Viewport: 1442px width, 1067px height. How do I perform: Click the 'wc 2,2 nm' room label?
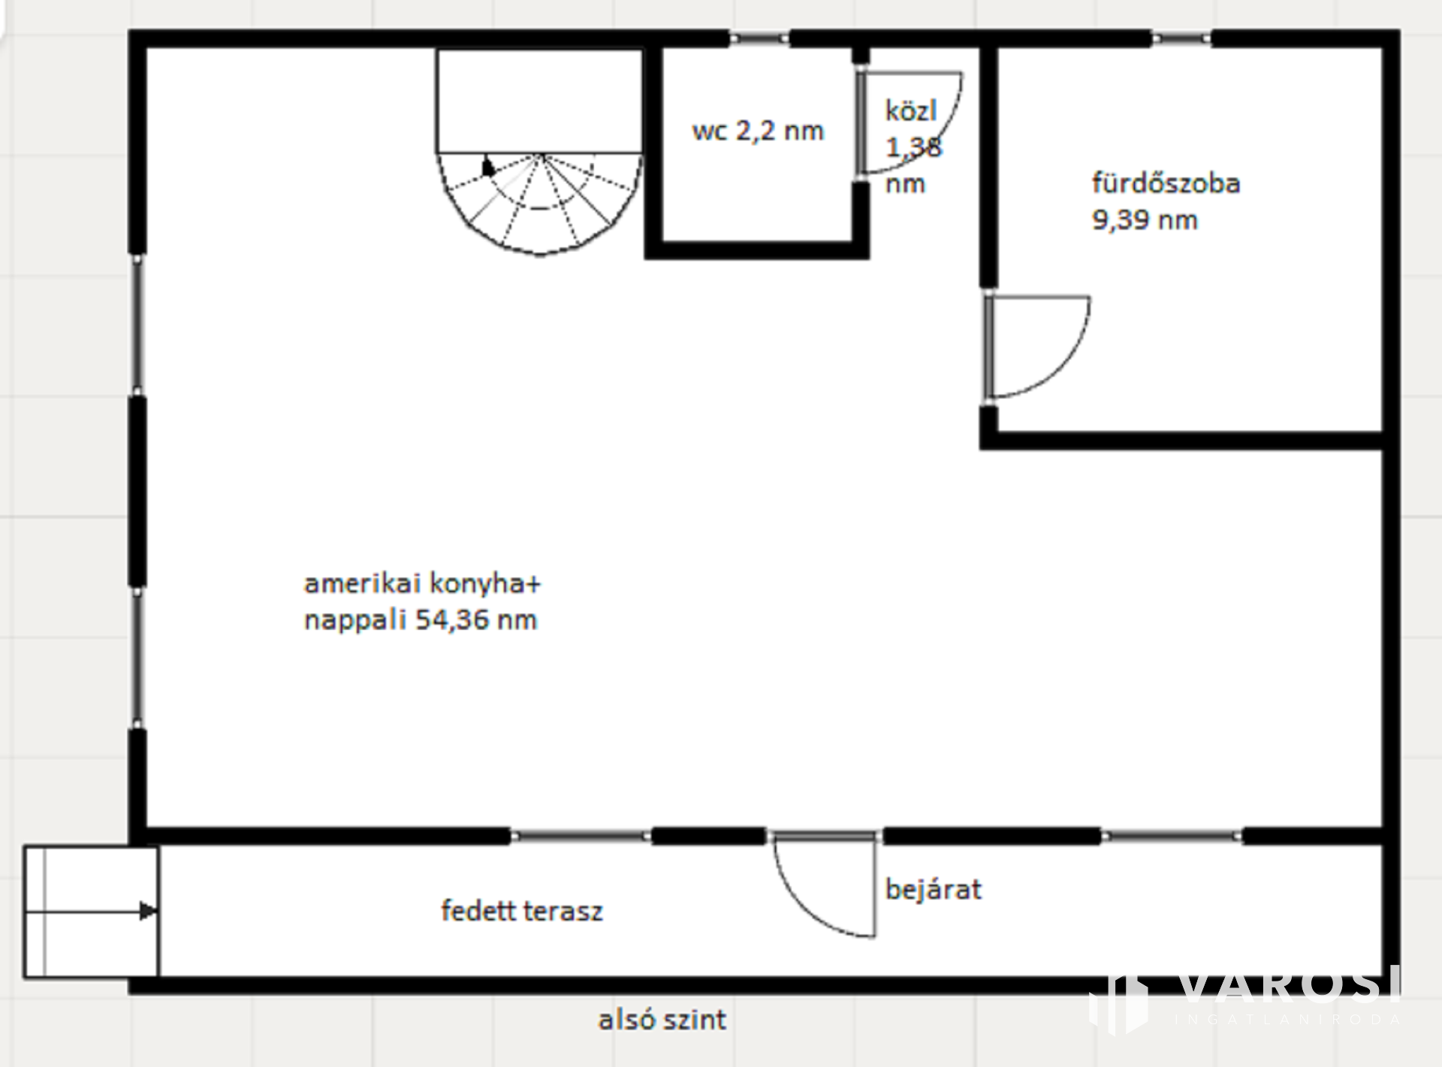[x=758, y=131]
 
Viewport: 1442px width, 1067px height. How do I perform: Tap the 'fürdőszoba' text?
[x=1166, y=183]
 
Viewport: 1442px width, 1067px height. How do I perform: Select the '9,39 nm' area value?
[x=1145, y=220]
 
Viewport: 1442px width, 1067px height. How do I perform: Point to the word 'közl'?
[x=911, y=111]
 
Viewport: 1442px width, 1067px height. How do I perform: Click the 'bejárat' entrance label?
[x=934, y=890]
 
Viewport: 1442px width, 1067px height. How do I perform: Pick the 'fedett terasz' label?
[x=522, y=911]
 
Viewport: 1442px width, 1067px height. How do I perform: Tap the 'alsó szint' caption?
[x=662, y=1020]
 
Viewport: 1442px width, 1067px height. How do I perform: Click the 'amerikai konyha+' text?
[x=422, y=583]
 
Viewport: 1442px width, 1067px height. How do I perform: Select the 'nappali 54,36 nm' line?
[x=421, y=620]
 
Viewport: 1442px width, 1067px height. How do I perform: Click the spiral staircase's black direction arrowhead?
[x=488, y=166]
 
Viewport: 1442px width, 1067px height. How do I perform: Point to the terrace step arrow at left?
[x=91, y=912]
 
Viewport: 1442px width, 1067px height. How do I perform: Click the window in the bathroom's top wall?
[x=1181, y=38]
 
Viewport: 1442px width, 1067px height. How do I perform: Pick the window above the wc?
[x=759, y=38]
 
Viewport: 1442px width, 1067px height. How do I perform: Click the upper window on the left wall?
[x=137, y=324]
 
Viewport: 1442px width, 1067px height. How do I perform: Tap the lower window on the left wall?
[x=137, y=658]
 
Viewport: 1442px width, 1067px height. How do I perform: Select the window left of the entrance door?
[x=581, y=836]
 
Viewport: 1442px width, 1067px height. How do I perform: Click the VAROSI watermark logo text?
[x=1288, y=986]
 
